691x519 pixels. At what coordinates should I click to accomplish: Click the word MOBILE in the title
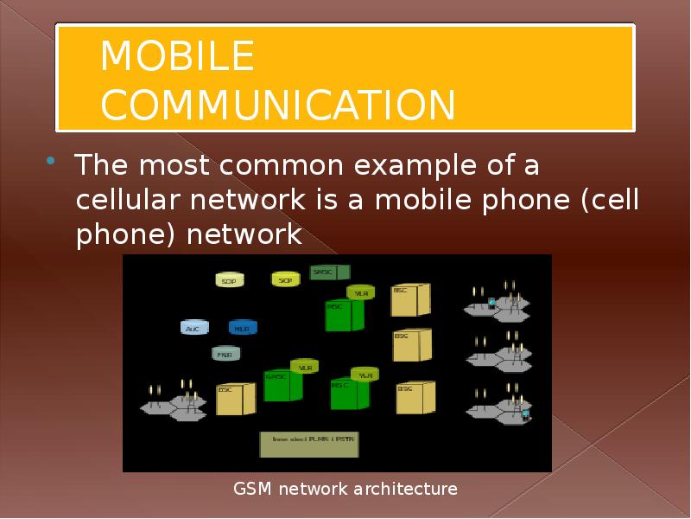tap(177, 57)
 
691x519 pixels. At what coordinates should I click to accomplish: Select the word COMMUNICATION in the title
tap(277, 105)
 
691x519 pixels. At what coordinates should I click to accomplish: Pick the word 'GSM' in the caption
tap(253, 490)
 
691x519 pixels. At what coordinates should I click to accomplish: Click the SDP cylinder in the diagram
tap(229, 279)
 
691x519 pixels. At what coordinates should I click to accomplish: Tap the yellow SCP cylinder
tap(284, 279)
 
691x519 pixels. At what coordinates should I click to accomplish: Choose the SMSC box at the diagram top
tap(329, 272)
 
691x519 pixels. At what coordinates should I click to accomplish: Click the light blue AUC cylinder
tap(193, 327)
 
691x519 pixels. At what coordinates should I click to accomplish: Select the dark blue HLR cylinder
tap(242, 327)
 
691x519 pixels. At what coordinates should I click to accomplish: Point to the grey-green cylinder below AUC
tap(225, 352)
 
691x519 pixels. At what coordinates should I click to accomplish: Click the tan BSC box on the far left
tap(234, 399)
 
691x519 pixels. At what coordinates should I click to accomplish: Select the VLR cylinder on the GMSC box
tap(304, 367)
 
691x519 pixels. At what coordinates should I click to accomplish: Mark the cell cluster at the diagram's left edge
tap(173, 402)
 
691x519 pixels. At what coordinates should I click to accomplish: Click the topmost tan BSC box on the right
tap(410, 299)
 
